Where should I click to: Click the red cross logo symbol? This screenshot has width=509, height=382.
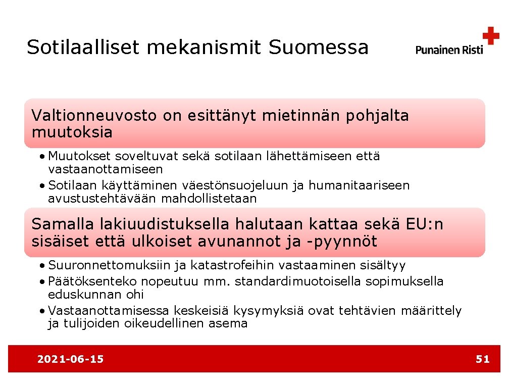pyautogui.click(x=490, y=36)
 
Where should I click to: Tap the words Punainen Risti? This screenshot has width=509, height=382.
pyautogui.click(x=449, y=50)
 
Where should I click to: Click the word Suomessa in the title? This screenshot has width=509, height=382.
pyautogui.click(x=319, y=47)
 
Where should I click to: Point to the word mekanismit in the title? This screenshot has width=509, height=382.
pyautogui.click(x=203, y=47)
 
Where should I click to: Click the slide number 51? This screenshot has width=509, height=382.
pyautogui.click(x=483, y=359)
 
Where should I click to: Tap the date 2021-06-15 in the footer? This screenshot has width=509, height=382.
pyautogui.click(x=71, y=359)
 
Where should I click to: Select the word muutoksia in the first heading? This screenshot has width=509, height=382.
pyautogui.click(x=72, y=132)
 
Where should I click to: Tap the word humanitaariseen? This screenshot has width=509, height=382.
pyautogui.click(x=359, y=185)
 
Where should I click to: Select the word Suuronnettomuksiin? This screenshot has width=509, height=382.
pyautogui.click(x=111, y=265)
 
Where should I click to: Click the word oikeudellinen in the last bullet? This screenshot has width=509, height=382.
pyautogui.click(x=164, y=323)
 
